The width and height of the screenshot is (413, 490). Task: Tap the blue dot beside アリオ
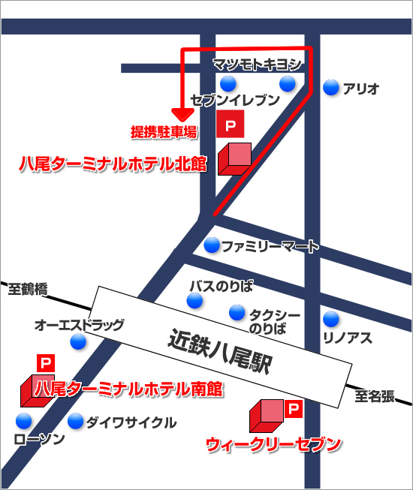(330, 89)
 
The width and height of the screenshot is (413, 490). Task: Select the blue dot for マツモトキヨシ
(288, 83)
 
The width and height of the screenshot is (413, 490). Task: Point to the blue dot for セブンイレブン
(228, 83)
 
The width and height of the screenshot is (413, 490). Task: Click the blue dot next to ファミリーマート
(212, 245)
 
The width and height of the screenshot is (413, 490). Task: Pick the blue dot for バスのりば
(195, 301)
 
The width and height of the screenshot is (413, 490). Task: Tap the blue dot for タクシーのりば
(237, 311)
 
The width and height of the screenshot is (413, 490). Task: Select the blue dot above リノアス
(331, 317)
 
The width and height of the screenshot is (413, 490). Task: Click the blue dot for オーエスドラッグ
(78, 342)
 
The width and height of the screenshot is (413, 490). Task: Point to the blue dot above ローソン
(26, 421)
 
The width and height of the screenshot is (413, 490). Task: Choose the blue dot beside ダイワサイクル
(75, 422)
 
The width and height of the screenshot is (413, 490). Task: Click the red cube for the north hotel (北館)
(234, 158)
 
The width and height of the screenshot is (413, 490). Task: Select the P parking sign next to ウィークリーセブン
(293, 410)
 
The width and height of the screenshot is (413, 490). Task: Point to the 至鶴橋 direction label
(29, 288)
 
